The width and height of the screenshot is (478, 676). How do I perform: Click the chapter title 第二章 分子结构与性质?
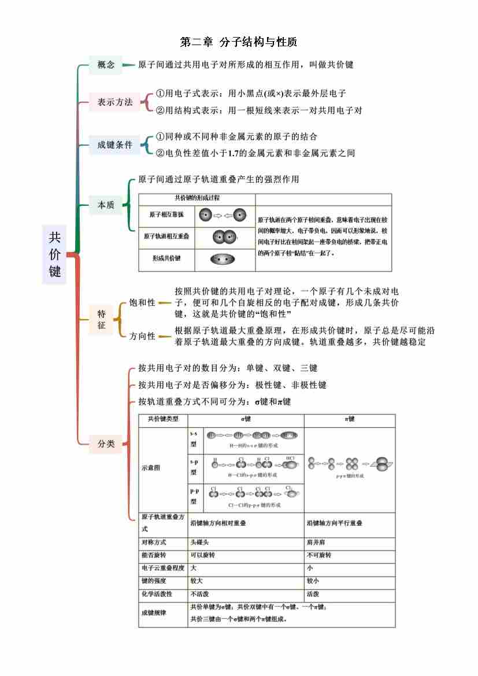[239, 42]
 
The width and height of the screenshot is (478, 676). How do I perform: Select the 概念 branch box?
[106, 65]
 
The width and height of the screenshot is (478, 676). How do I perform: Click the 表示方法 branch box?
[114, 102]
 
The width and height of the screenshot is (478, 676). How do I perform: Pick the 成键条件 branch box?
[114, 145]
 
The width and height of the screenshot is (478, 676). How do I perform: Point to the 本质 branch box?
[106, 205]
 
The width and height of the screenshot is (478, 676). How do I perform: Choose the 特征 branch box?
[102, 319]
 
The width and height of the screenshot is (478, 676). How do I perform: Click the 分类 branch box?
[106, 444]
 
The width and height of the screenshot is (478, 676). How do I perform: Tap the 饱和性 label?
[142, 302]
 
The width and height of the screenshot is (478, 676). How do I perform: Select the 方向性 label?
[142, 336]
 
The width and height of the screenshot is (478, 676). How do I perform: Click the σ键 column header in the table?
[246, 419]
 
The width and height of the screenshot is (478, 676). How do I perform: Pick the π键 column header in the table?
[349, 419]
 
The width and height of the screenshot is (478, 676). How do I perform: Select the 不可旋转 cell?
[319, 555]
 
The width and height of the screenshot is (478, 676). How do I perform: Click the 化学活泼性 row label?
[157, 594]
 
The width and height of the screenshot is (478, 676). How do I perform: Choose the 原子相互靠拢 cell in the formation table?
[166, 215]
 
